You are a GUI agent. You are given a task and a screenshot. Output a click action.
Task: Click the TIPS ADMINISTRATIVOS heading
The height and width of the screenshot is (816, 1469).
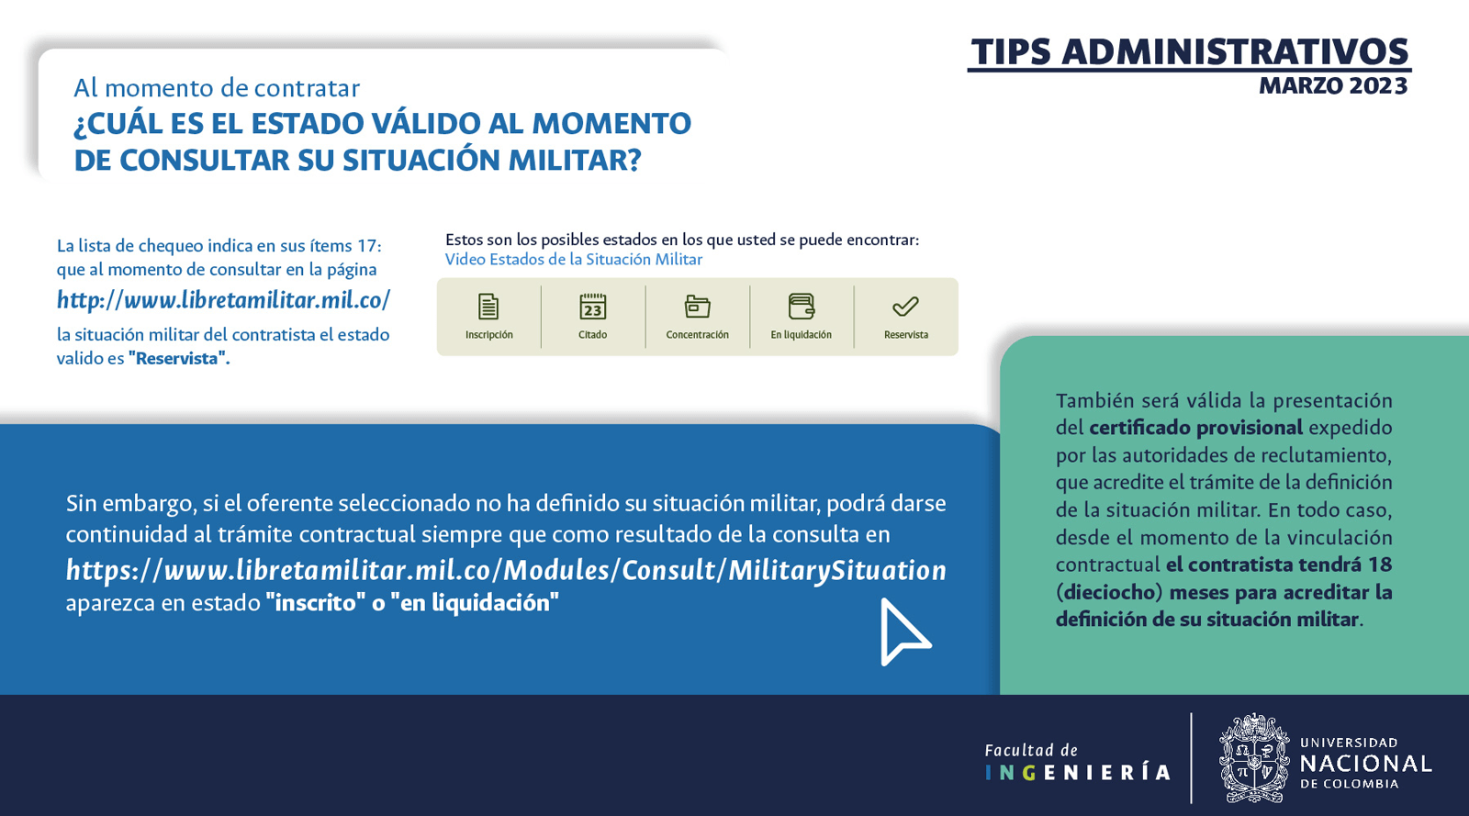click(1190, 51)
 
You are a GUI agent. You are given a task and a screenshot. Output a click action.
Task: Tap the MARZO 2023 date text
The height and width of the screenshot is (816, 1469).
click(1333, 86)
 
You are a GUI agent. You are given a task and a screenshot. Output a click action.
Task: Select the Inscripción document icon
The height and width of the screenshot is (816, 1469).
click(488, 307)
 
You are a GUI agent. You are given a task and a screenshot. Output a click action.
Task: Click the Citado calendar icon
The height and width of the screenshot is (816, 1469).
click(593, 307)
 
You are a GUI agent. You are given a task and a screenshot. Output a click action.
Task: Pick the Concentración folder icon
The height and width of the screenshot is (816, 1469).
click(697, 307)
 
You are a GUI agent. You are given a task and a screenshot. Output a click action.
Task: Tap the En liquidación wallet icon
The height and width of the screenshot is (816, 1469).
click(802, 306)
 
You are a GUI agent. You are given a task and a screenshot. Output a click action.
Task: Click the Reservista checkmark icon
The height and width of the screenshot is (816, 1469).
click(905, 306)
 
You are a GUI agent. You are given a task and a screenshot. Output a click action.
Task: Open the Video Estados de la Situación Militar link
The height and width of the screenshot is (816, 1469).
click(574, 260)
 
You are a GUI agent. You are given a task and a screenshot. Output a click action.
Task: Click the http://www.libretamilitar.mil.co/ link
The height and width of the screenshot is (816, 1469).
click(224, 300)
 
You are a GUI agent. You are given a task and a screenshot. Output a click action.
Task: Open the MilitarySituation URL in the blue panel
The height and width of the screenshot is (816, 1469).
click(506, 570)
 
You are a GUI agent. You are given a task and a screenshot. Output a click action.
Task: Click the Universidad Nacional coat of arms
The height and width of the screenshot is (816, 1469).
click(1254, 758)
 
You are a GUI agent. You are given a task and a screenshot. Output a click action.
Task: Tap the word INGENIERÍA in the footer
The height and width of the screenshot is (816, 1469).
click(1078, 773)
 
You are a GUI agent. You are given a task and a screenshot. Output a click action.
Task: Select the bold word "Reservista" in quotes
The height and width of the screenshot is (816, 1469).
click(179, 359)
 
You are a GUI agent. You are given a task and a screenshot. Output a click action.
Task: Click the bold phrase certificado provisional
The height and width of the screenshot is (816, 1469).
click(1195, 428)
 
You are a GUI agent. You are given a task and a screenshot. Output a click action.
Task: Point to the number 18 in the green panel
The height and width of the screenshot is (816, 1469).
click(1380, 564)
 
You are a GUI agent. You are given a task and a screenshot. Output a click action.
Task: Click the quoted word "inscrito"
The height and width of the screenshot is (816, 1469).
click(316, 603)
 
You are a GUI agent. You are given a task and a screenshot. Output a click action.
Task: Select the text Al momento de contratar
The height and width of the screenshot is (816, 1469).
click(217, 88)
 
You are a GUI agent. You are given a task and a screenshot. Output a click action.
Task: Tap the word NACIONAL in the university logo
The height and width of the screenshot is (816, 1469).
click(1365, 764)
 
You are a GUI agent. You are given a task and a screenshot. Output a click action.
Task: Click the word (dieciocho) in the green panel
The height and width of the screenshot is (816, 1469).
click(1109, 593)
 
